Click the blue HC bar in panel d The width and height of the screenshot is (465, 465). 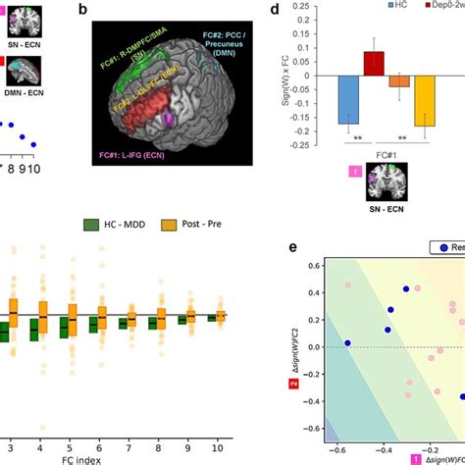pyautogui.click(x=347, y=100)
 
